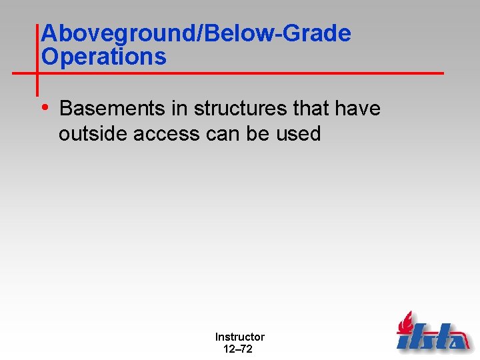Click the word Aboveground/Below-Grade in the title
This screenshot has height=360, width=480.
[195, 34]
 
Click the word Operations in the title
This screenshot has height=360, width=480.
[103, 57]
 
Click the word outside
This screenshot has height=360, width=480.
[93, 134]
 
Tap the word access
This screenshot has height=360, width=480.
[166, 134]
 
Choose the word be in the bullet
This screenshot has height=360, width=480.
[258, 134]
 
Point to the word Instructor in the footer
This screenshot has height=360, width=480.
[239, 337]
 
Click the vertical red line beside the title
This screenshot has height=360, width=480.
[37, 60]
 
